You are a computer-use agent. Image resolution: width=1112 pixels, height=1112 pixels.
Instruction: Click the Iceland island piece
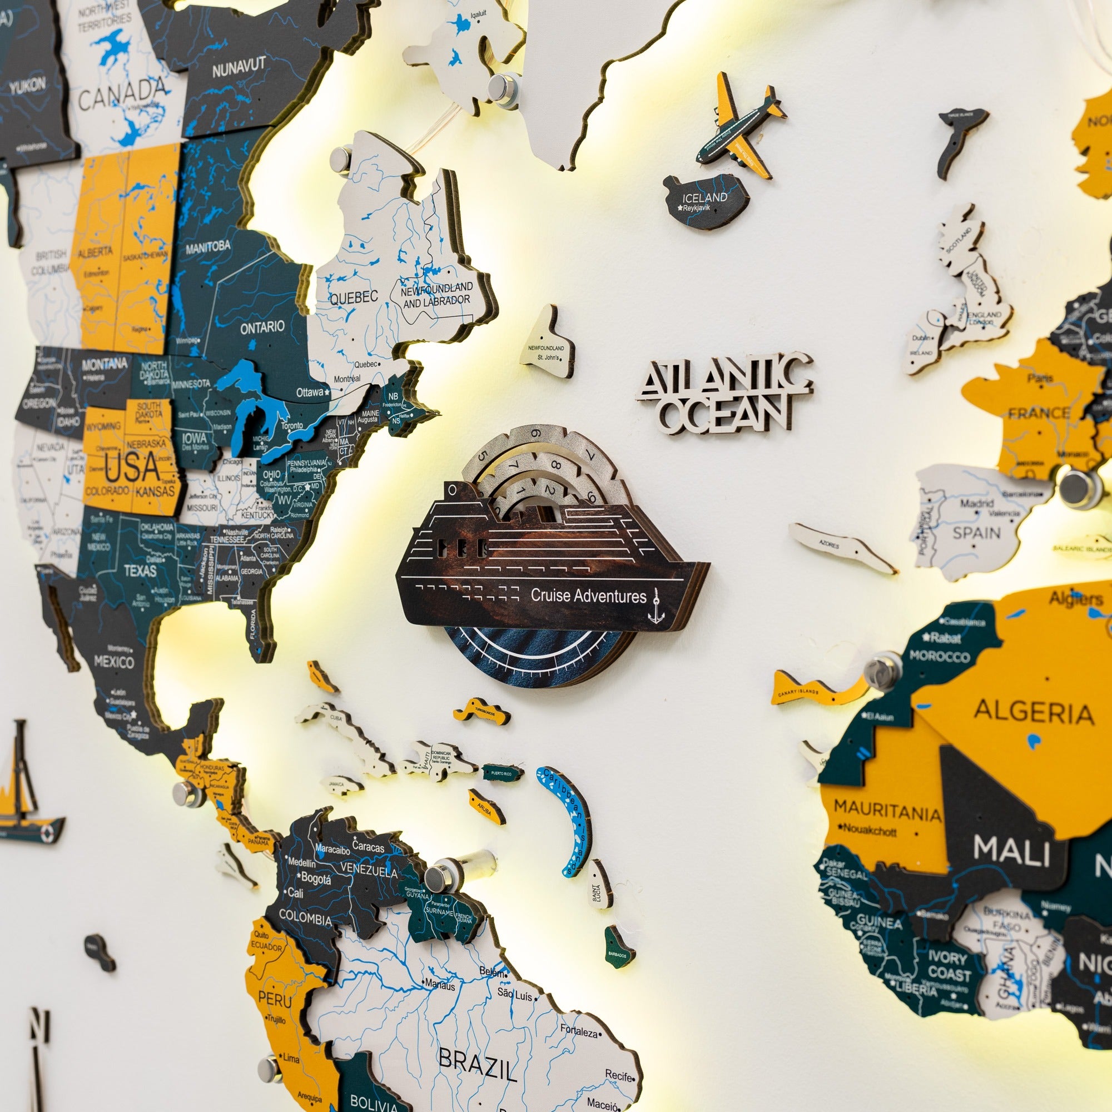click(703, 201)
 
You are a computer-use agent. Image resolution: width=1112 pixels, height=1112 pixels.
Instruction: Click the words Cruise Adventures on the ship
click(588, 595)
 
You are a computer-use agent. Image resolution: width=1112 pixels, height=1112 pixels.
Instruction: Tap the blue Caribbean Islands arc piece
click(567, 818)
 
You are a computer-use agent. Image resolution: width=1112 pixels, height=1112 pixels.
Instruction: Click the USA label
click(132, 468)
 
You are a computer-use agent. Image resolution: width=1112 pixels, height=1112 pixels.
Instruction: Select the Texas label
click(140, 570)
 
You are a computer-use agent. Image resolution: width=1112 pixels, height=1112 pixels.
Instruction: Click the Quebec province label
click(354, 297)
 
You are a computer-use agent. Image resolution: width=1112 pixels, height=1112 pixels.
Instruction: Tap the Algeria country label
click(1034, 713)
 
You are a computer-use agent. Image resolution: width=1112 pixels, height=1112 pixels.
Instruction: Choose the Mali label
click(1011, 851)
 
